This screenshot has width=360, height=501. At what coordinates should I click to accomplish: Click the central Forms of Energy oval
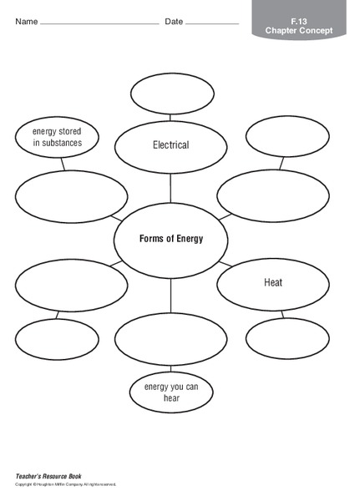170,238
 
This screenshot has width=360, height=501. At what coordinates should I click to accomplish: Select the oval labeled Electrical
170,145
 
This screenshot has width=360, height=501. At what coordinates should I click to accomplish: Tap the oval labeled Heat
272,283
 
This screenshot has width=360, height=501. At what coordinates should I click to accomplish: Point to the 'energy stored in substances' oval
56,137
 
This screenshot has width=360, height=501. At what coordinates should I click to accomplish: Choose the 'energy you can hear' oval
170,392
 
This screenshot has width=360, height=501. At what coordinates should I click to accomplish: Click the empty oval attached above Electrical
172,92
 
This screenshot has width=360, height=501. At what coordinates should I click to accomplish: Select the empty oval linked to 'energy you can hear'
170,339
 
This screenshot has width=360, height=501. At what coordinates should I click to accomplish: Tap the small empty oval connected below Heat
287,337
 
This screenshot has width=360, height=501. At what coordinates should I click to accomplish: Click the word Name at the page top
26,21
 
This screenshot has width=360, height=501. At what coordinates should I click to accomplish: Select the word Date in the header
174,21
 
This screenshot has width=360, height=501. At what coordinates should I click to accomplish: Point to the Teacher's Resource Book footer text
49,474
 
